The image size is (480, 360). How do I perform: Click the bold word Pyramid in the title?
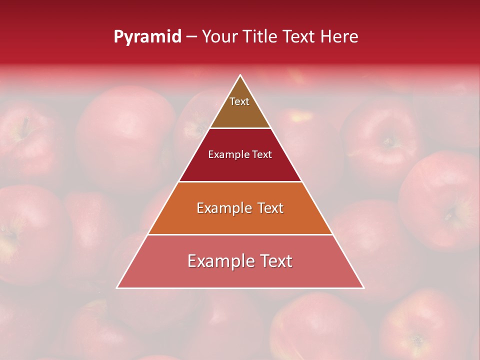pos(147,37)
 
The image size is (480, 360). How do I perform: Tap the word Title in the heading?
pos(261,37)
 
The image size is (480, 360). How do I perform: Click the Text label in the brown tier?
pos(239,101)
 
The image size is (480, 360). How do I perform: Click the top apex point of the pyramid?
pos(240,75)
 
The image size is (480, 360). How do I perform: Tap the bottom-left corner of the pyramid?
pos(117,288)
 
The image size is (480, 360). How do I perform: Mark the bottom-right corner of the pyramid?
pos(363,288)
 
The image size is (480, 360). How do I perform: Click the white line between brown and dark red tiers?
pos(240,128)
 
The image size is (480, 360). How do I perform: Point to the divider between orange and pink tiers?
pos(240,234)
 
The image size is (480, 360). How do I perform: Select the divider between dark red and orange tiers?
pos(240,181)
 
